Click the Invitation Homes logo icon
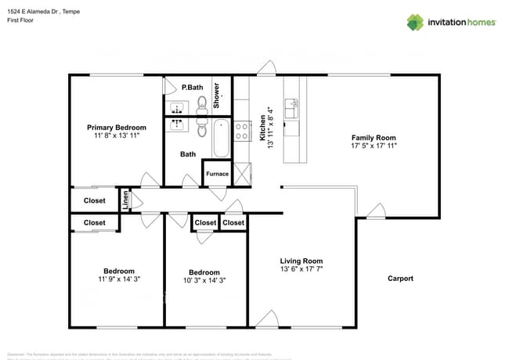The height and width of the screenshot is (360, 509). (415, 22)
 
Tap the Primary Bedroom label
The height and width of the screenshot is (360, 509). (116, 128)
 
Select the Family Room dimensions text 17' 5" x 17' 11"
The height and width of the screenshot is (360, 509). (380, 146)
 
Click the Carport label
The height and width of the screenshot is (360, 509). (400, 279)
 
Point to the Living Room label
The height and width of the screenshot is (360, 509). (301, 261)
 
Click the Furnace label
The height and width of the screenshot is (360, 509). (218, 174)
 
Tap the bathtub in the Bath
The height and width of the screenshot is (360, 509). (221, 139)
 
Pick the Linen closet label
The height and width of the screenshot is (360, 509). (125, 200)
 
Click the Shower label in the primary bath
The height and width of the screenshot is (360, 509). (217, 95)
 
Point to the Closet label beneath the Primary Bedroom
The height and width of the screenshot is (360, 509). (94, 200)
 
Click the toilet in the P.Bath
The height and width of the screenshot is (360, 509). (201, 102)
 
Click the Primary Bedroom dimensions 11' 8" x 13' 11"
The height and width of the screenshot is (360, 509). (116, 136)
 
